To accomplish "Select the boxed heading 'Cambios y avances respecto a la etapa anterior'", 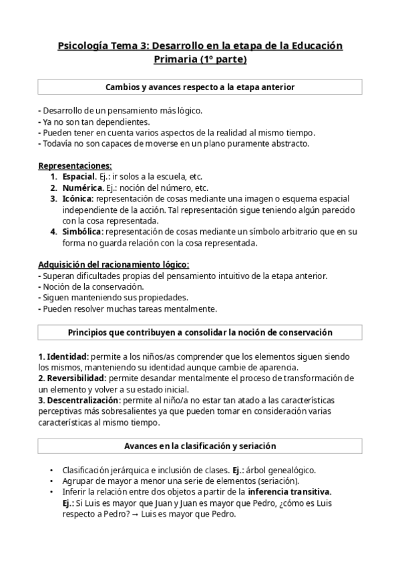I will (200, 87).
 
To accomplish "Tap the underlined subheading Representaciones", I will (75, 166).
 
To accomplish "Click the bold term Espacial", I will (79, 177).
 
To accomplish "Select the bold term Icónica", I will (78, 199).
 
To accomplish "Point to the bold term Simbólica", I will (82, 232).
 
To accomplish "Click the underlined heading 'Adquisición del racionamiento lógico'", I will (113, 265).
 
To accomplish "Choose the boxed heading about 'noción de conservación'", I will (200, 332).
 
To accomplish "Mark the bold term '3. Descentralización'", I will (79, 400).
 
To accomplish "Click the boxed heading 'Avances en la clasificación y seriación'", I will (200, 446).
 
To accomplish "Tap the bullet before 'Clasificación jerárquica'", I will (52, 470).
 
